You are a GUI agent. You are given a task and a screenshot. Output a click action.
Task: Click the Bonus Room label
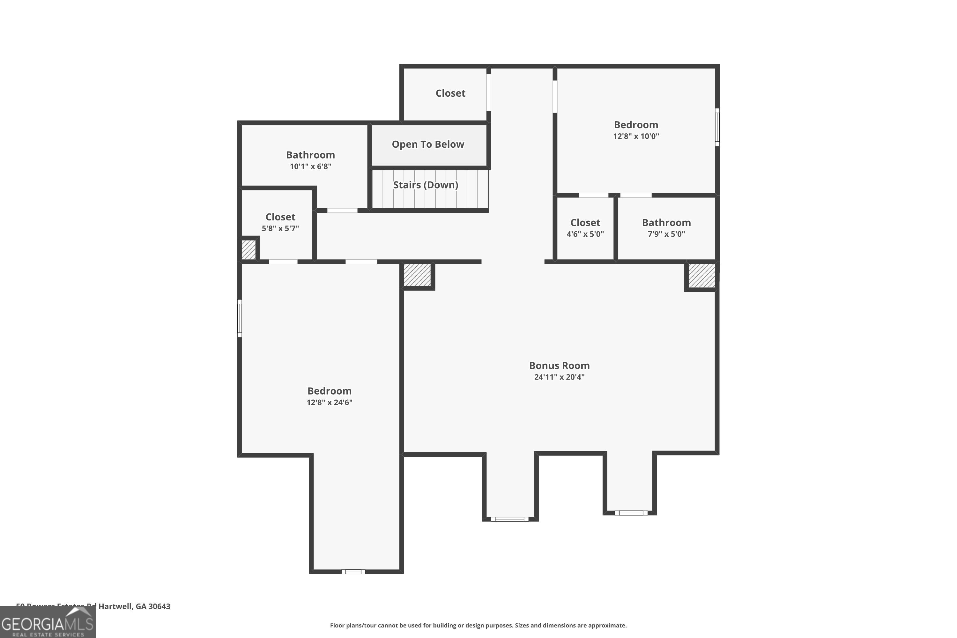tap(559, 365)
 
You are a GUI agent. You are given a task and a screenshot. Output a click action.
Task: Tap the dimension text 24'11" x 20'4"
tap(559, 377)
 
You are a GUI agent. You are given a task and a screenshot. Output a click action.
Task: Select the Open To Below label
tap(428, 145)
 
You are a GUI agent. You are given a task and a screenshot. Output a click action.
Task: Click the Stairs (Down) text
tap(425, 185)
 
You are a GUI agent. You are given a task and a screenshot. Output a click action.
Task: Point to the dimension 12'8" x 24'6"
tap(329, 402)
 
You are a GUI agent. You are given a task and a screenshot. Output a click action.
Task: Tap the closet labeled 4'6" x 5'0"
tap(585, 228)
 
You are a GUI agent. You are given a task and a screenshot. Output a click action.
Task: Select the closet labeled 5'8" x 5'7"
tap(280, 222)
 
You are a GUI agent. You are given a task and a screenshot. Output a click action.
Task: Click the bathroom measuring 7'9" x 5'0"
tap(666, 228)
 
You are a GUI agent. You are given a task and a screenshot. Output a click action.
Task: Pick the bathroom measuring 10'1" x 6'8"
tap(310, 160)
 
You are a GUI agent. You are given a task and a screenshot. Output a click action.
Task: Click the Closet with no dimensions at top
tap(450, 93)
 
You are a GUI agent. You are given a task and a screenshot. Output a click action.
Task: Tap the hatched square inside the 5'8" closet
tap(249, 250)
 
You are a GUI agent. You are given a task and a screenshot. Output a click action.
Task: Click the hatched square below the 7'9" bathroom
tap(701, 276)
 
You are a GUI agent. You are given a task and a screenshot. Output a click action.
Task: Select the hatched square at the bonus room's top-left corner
tap(417, 275)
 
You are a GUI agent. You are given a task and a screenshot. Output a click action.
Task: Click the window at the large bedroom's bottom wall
tap(353, 572)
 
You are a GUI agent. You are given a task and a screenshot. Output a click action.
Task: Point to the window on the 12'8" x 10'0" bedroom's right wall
tap(717, 127)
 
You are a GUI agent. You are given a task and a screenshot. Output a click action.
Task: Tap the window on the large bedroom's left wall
tap(240, 318)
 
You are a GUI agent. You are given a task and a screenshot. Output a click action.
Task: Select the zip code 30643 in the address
tap(159, 606)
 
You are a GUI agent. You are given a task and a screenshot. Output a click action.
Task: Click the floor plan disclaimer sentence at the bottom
tap(478, 625)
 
